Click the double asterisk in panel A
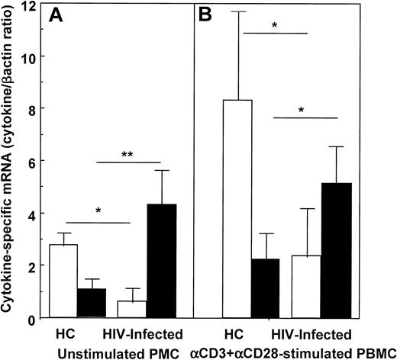click(x=127, y=154)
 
